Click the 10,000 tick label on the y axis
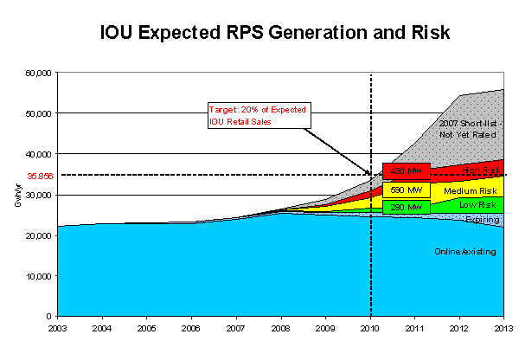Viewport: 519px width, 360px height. click(x=40, y=276)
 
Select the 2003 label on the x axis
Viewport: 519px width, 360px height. click(x=58, y=328)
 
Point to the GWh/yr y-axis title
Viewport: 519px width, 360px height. click(x=17, y=194)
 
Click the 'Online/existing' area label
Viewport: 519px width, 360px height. click(x=463, y=252)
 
